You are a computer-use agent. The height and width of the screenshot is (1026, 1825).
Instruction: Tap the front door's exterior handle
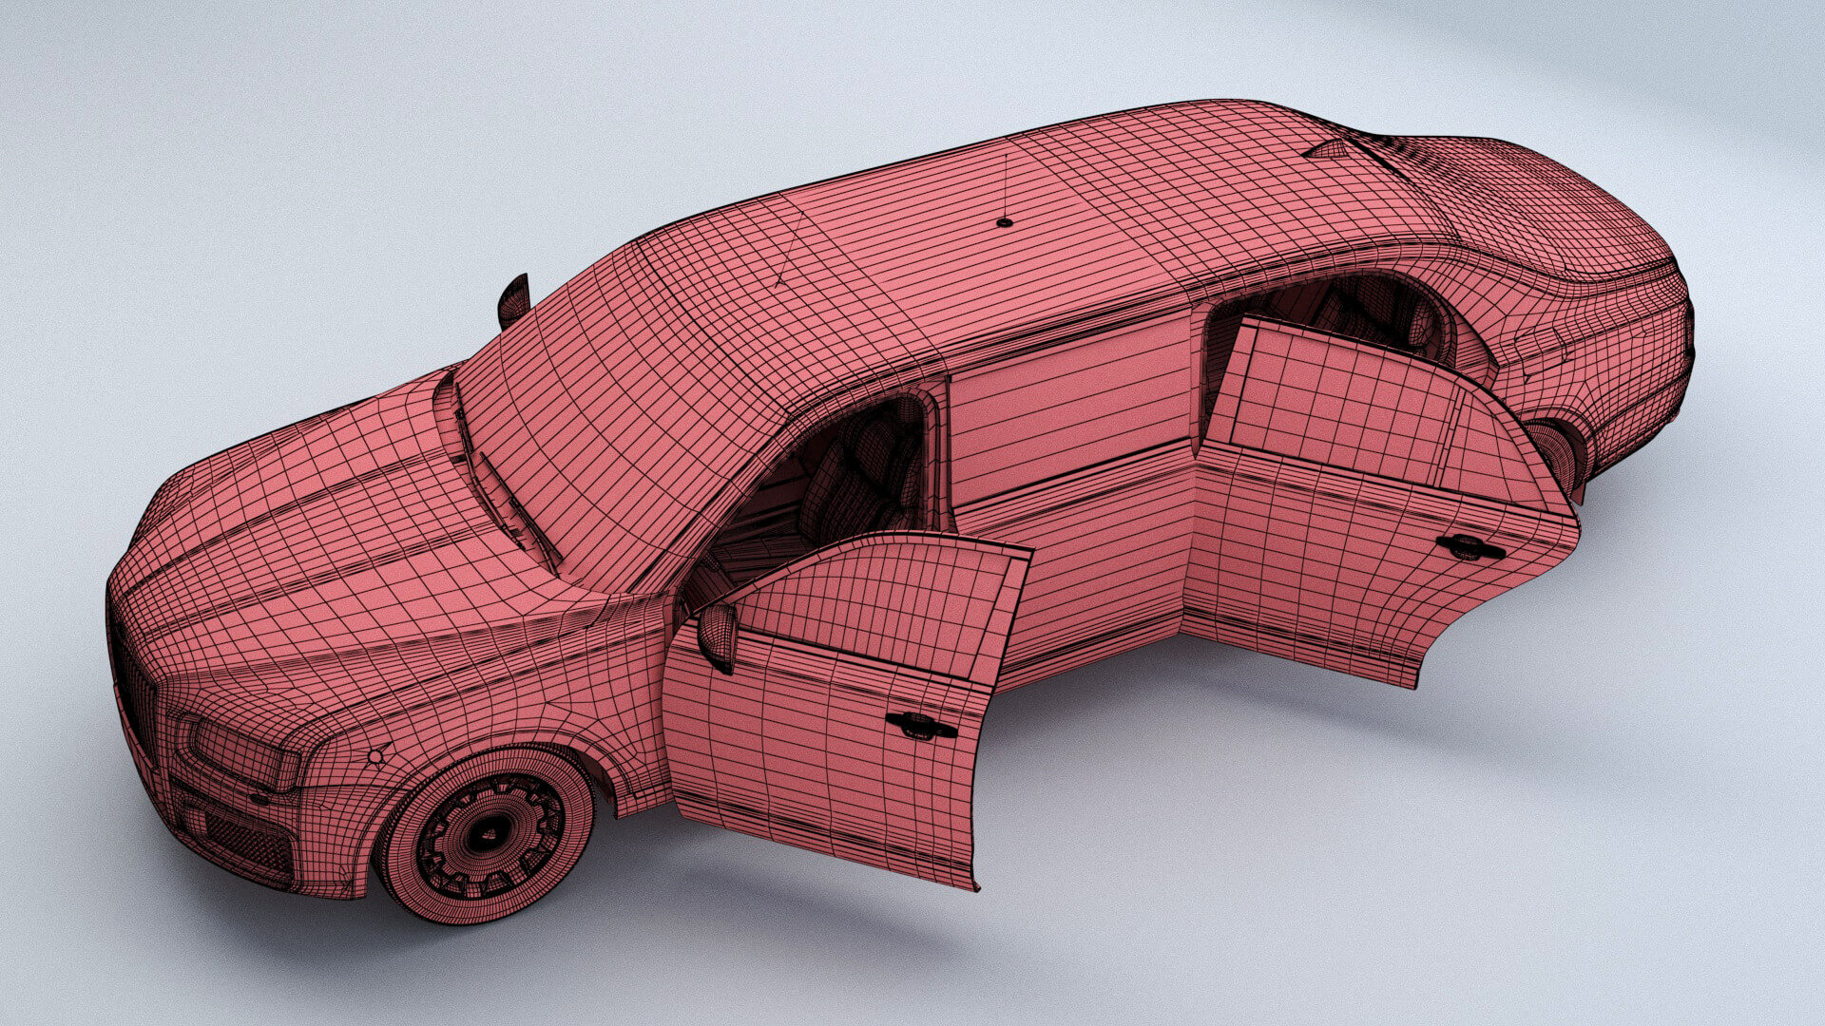tap(920, 726)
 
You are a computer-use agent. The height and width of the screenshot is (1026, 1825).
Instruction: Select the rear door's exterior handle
tap(1470, 547)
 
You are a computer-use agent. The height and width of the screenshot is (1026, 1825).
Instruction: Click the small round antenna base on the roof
tap(1005, 222)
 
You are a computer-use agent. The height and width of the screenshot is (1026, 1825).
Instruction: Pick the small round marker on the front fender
tap(375, 757)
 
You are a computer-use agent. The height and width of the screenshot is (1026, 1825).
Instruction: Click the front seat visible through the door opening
tap(855, 484)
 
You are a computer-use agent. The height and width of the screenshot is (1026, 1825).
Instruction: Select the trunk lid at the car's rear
tap(1568, 228)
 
